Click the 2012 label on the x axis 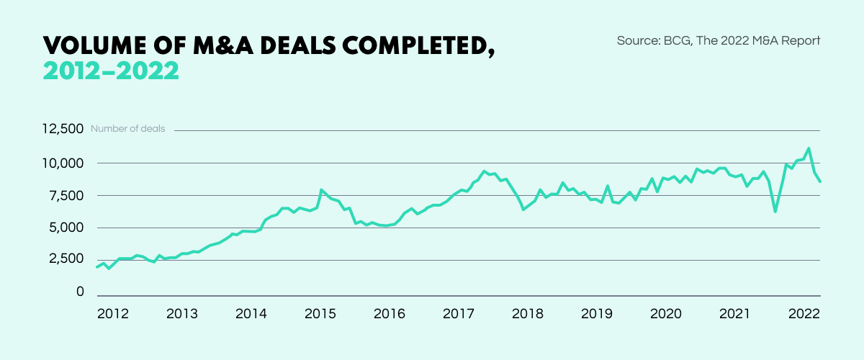coord(112,314)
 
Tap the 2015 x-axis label coord(320,314)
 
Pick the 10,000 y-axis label coord(64,163)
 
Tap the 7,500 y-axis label coord(67,196)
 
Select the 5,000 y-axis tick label coord(67,228)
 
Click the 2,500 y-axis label coord(67,259)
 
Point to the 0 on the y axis coord(80,292)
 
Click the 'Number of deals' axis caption coord(127,130)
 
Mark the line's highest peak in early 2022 coord(809,149)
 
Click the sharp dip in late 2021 coord(775,211)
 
